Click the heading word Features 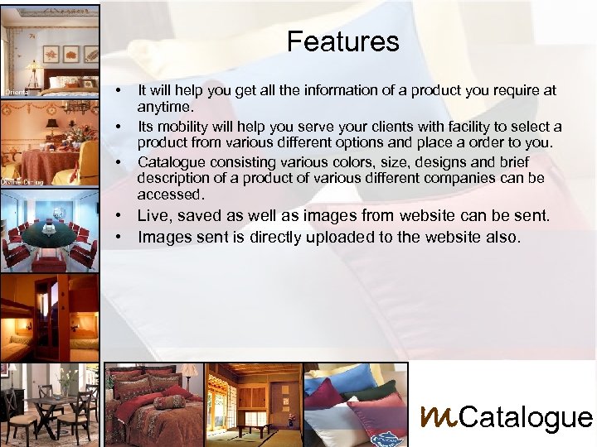click(x=342, y=41)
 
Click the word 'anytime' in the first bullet click(x=164, y=107)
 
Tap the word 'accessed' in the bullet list click(x=170, y=195)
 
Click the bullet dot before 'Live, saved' click(x=120, y=216)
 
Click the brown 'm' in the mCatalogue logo click(x=439, y=416)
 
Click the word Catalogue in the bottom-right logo click(x=525, y=417)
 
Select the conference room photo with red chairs click(x=50, y=232)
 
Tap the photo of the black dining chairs click(x=50, y=405)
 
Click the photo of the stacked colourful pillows click(x=356, y=405)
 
